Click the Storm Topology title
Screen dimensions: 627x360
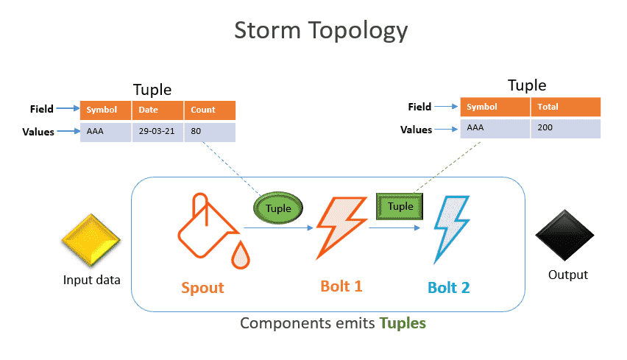321,31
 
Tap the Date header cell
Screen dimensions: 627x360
157,110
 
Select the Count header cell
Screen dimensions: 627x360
210,110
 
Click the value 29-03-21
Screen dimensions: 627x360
157,131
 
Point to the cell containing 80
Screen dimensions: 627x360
210,132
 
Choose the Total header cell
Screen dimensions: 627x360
566,107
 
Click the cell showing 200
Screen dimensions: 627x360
566,128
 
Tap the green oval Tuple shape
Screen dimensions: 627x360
278,208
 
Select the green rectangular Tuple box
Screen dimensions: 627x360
400,206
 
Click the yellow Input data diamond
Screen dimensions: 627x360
91,240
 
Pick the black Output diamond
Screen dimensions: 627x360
564,235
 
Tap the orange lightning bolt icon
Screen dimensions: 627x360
341,227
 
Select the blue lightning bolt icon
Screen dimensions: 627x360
451,229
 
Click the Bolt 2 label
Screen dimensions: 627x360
449,288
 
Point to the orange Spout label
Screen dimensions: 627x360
202,288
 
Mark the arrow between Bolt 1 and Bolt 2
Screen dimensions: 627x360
394,228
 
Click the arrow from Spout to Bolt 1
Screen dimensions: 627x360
278,228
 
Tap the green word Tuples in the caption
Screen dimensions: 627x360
403,323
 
